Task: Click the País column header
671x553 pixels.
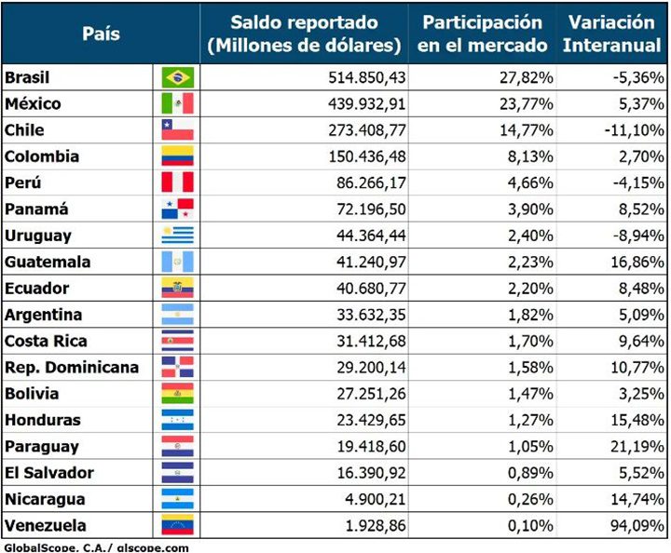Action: coord(101,34)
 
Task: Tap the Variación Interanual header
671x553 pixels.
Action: coord(617,34)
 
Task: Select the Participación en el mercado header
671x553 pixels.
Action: coord(482,34)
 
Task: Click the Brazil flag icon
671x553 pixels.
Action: coord(177,77)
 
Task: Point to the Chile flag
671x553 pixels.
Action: coord(177,130)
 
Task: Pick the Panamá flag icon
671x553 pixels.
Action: coord(177,209)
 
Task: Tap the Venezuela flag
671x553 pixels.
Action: coord(177,525)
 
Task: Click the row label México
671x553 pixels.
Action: coord(34,103)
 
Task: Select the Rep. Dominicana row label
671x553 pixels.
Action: coord(72,367)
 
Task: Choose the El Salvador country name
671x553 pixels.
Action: coord(49,472)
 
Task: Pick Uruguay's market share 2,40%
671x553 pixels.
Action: coord(530,236)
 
